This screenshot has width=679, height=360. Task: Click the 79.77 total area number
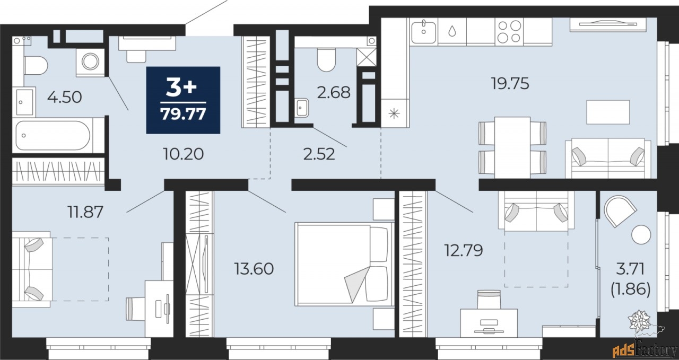[183, 114]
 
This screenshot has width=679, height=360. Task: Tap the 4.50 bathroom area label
[65, 97]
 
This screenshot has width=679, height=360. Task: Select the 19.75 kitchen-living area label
[510, 83]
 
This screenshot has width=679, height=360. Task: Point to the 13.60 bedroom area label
[254, 269]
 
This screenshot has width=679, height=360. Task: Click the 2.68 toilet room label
[334, 92]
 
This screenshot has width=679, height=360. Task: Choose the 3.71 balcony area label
[631, 269]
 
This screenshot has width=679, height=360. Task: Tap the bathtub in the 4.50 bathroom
[54, 135]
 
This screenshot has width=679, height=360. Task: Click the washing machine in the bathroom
[90, 61]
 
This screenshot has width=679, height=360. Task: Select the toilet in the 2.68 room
[326, 60]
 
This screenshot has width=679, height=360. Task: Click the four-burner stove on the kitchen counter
[509, 31]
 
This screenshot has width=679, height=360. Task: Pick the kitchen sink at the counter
[423, 31]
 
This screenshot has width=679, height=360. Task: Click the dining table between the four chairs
[512, 147]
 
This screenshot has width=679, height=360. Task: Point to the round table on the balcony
[641, 234]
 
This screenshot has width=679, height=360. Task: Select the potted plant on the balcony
[640, 321]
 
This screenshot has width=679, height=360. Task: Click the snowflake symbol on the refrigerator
[394, 113]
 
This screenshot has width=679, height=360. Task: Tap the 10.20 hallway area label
[183, 154]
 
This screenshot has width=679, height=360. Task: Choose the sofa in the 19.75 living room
[608, 158]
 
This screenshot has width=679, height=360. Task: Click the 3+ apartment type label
[181, 87]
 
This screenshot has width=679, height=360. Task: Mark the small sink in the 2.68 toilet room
[301, 108]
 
